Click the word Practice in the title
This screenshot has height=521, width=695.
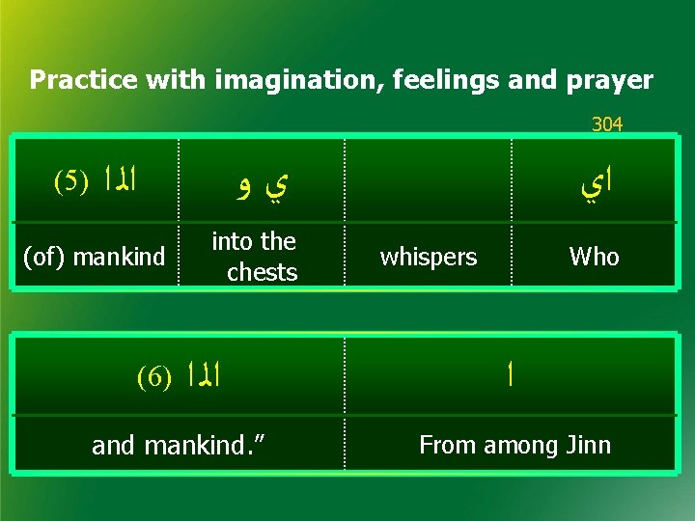click(x=84, y=80)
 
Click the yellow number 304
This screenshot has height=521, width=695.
click(x=607, y=124)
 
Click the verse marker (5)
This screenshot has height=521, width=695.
click(x=70, y=179)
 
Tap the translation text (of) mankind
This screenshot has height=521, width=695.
click(x=94, y=257)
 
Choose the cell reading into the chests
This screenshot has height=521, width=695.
click(x=254, y=257)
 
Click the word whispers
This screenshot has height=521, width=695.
click(x=428, y=257)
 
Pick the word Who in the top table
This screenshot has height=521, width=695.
click(x=594, y=257)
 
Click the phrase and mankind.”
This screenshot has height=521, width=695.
click(x=179, y=445)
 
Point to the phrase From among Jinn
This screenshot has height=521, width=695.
click(x=514, y=445)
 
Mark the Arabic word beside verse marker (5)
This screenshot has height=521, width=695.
click(x=119, y=179)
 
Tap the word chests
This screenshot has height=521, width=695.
click(x=262, y=272)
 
